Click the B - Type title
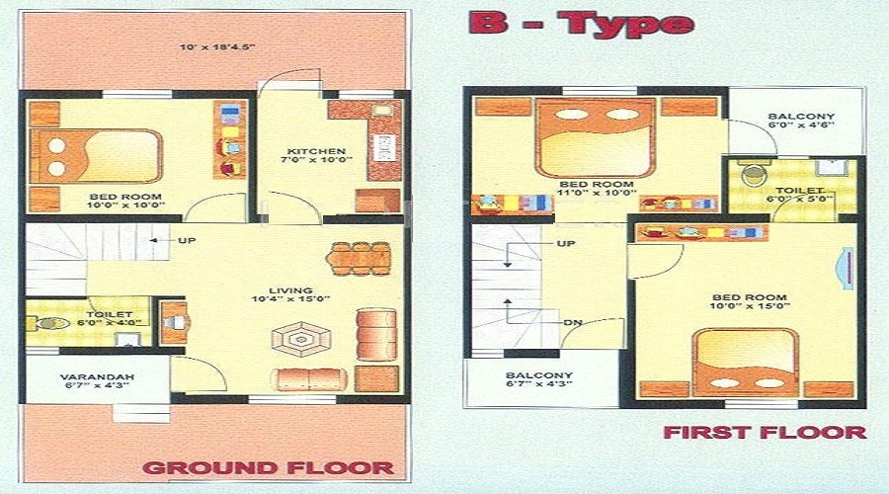click(x=582, y=24)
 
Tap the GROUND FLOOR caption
click(x=269, y=467)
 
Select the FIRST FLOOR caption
click(x=765, y=432)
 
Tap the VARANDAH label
click(x=97, y=376)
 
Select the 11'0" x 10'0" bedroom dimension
click(x=596, y=194)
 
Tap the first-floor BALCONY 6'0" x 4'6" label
click(x=801, y=121)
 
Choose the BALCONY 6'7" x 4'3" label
click(x=538, y=380)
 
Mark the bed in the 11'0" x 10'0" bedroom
click(x=596, y=137)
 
